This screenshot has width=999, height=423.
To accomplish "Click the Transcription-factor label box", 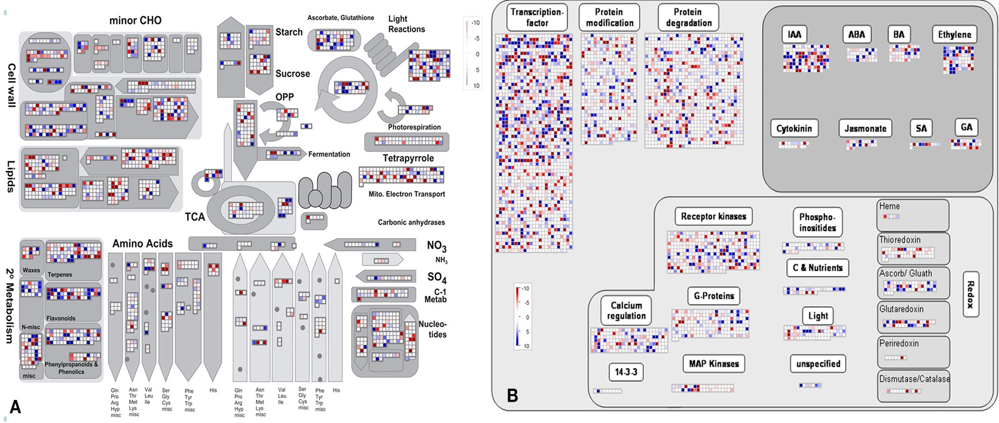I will pos(537,17).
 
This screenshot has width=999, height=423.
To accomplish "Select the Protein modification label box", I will pos(609,17).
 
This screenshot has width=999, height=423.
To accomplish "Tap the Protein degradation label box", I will pos(688,17).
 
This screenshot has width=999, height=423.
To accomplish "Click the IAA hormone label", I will pos(794,34).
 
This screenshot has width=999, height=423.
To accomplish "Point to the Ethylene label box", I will pos(954,34).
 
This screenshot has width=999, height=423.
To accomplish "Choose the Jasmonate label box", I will pos(865,128).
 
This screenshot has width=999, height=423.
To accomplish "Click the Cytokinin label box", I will pos(794,128).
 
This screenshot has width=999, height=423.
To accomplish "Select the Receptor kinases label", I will pos(713,216).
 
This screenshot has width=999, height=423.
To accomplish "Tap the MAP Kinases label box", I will pos(714,364).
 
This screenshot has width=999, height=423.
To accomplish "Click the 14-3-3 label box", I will pos(626,372).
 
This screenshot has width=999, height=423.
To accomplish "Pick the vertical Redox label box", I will pos(970,295).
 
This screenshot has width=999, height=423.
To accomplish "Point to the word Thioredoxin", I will pos(900,240).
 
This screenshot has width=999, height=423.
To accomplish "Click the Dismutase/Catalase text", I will pos(914,379).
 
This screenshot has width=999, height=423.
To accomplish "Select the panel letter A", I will pos(15,407).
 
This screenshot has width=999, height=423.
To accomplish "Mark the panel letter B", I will pos(512,395).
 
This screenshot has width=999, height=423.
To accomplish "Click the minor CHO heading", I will pos(135,21).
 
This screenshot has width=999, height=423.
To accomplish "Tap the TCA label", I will pos(195,217).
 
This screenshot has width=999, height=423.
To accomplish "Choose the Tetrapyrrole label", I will pos(408,158).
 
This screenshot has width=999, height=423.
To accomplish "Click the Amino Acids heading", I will pos(142,244).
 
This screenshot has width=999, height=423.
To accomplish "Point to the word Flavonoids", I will pos(61,318).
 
